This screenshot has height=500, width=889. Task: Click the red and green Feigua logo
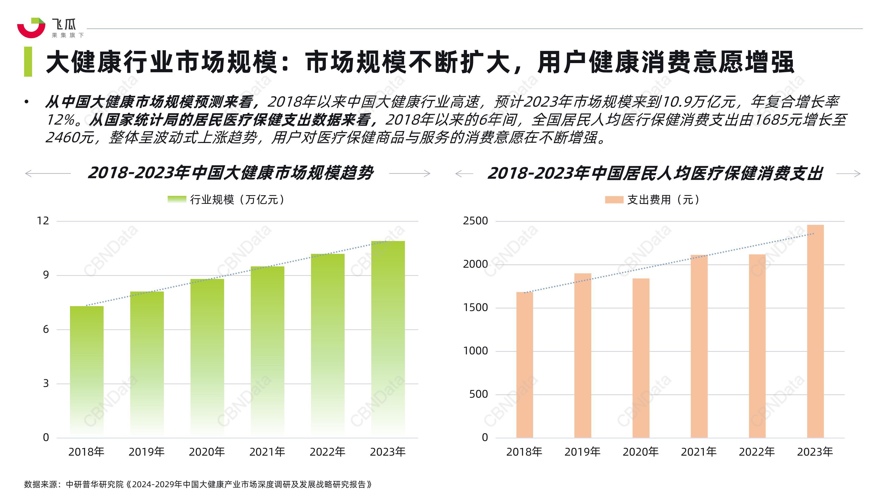click(31, 28)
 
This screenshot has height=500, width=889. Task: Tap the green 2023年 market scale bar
click(388, 338)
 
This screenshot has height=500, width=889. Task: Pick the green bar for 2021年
click(267, 352)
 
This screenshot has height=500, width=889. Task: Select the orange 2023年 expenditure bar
click(815, 331)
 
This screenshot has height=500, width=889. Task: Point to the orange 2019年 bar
click(583, 355)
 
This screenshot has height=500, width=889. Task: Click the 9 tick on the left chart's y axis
click(46, 275)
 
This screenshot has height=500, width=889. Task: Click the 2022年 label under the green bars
click(327, 452)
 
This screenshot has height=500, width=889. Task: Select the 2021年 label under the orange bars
click(698, 452)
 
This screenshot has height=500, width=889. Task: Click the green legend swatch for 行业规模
click(177, 199)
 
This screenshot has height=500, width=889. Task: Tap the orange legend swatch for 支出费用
click(614, 200)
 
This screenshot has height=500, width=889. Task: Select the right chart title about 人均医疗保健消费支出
click(655, 173)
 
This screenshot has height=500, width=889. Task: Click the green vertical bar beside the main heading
click(28, 62)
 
